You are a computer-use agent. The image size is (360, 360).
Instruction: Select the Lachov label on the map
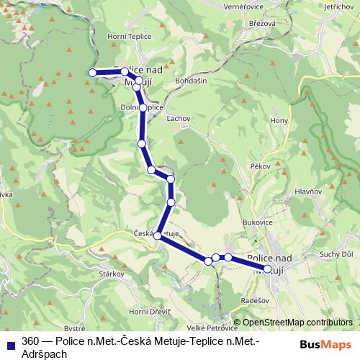(178, 117)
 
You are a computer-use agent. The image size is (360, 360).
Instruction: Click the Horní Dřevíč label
(149, 311)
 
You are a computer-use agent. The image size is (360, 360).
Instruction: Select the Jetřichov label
(338, 6)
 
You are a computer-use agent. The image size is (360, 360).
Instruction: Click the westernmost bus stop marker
(92, 72)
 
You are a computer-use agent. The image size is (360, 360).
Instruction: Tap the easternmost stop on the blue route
(268, 269)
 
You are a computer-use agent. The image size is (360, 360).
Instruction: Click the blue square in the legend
(9, 341)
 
